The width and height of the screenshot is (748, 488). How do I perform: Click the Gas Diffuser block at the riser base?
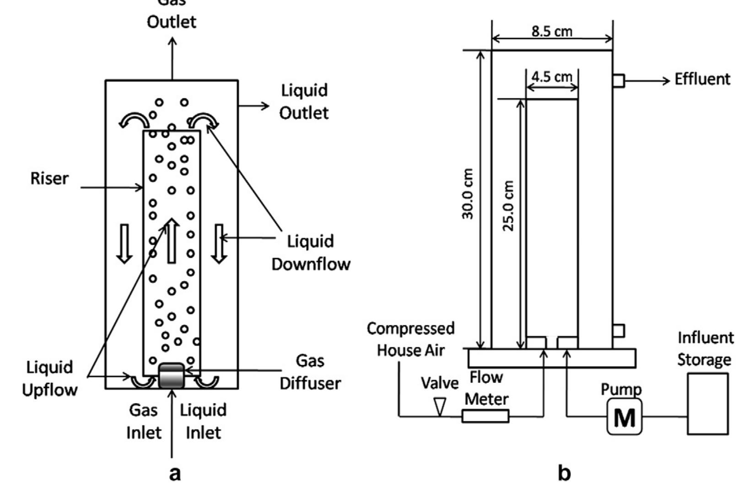pos(172,376)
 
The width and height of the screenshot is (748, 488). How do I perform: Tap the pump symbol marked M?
pos(624,417)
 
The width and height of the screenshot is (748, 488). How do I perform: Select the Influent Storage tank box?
pos(708,403)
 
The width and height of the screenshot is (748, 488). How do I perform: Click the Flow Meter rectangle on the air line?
pos(485,416)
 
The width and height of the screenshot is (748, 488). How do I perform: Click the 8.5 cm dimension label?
pos(552,31)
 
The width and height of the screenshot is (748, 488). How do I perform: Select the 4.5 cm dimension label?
pos(552,76)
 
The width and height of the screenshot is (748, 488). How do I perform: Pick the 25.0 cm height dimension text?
pos(509,206)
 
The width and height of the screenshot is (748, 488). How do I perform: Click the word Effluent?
pos(702,80)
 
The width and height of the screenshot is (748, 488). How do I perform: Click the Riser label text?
pos(49,179)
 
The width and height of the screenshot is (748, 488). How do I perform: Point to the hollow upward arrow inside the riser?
pos(172,241)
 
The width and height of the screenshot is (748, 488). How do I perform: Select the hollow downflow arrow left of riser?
pos(124,244)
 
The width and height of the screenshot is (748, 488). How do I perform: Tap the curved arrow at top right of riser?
pos(204,122)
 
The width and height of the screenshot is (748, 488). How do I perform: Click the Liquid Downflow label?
pos(311,253)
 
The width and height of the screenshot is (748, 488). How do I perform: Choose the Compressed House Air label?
pos(411,339)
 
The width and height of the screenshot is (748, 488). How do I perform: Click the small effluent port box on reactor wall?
pos(619,81)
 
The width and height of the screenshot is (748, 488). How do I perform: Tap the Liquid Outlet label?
pos(304,101)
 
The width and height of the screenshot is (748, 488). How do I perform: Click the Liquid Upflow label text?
pos(49,378)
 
